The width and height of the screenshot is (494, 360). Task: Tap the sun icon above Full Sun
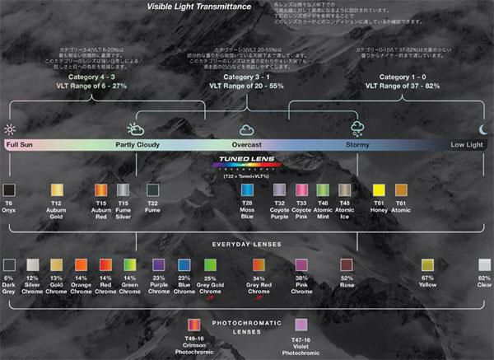click(10, 129)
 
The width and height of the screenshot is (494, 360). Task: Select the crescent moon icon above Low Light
click(483, 129)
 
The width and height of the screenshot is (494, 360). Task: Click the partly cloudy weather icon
click(136, 129)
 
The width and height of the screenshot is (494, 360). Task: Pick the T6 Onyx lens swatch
click(9, 190)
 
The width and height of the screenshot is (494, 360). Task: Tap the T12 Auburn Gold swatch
click(57, 190)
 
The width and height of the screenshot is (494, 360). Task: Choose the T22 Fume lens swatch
click(152, 190)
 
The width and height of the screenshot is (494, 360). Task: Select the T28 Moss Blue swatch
click(246, 190)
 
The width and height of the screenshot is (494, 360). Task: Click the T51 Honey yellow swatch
click(379, 190)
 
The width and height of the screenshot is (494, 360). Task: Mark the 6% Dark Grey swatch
click(9, 265)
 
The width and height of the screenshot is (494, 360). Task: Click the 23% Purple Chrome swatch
click(160, 265)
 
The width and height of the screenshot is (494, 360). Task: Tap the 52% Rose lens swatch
click(347, 265)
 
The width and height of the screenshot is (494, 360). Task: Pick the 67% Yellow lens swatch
click(427, 265)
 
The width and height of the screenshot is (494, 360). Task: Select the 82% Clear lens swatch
click(484, 265)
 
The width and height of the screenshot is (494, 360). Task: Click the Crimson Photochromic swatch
click(193, 325)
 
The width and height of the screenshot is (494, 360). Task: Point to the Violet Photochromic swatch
click(301, 325)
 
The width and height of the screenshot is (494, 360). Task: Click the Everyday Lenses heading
click(246, 245)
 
